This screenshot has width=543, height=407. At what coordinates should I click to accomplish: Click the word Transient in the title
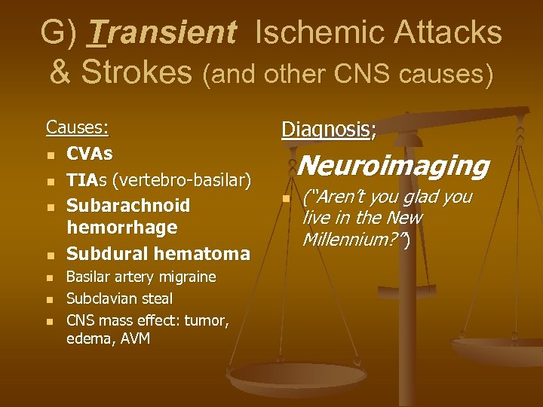pos(162,32)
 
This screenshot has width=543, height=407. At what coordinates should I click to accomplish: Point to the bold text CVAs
pos(90,154)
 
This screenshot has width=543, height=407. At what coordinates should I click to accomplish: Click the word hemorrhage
pos(121,227)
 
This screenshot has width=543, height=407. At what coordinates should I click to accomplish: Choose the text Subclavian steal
pos(119,298)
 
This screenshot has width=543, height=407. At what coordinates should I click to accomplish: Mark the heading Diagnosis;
pos(328,130)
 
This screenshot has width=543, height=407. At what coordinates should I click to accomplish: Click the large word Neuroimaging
pos(394,166)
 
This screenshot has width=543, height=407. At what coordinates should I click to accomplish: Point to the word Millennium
pos(351,240)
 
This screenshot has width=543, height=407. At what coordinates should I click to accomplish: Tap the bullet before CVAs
pos(50,155)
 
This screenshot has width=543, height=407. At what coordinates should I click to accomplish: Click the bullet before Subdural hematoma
pos(50,255)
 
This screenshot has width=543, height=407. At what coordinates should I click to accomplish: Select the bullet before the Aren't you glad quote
pos(286,199)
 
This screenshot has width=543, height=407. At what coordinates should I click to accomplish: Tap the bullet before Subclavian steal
pos(50,299)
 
